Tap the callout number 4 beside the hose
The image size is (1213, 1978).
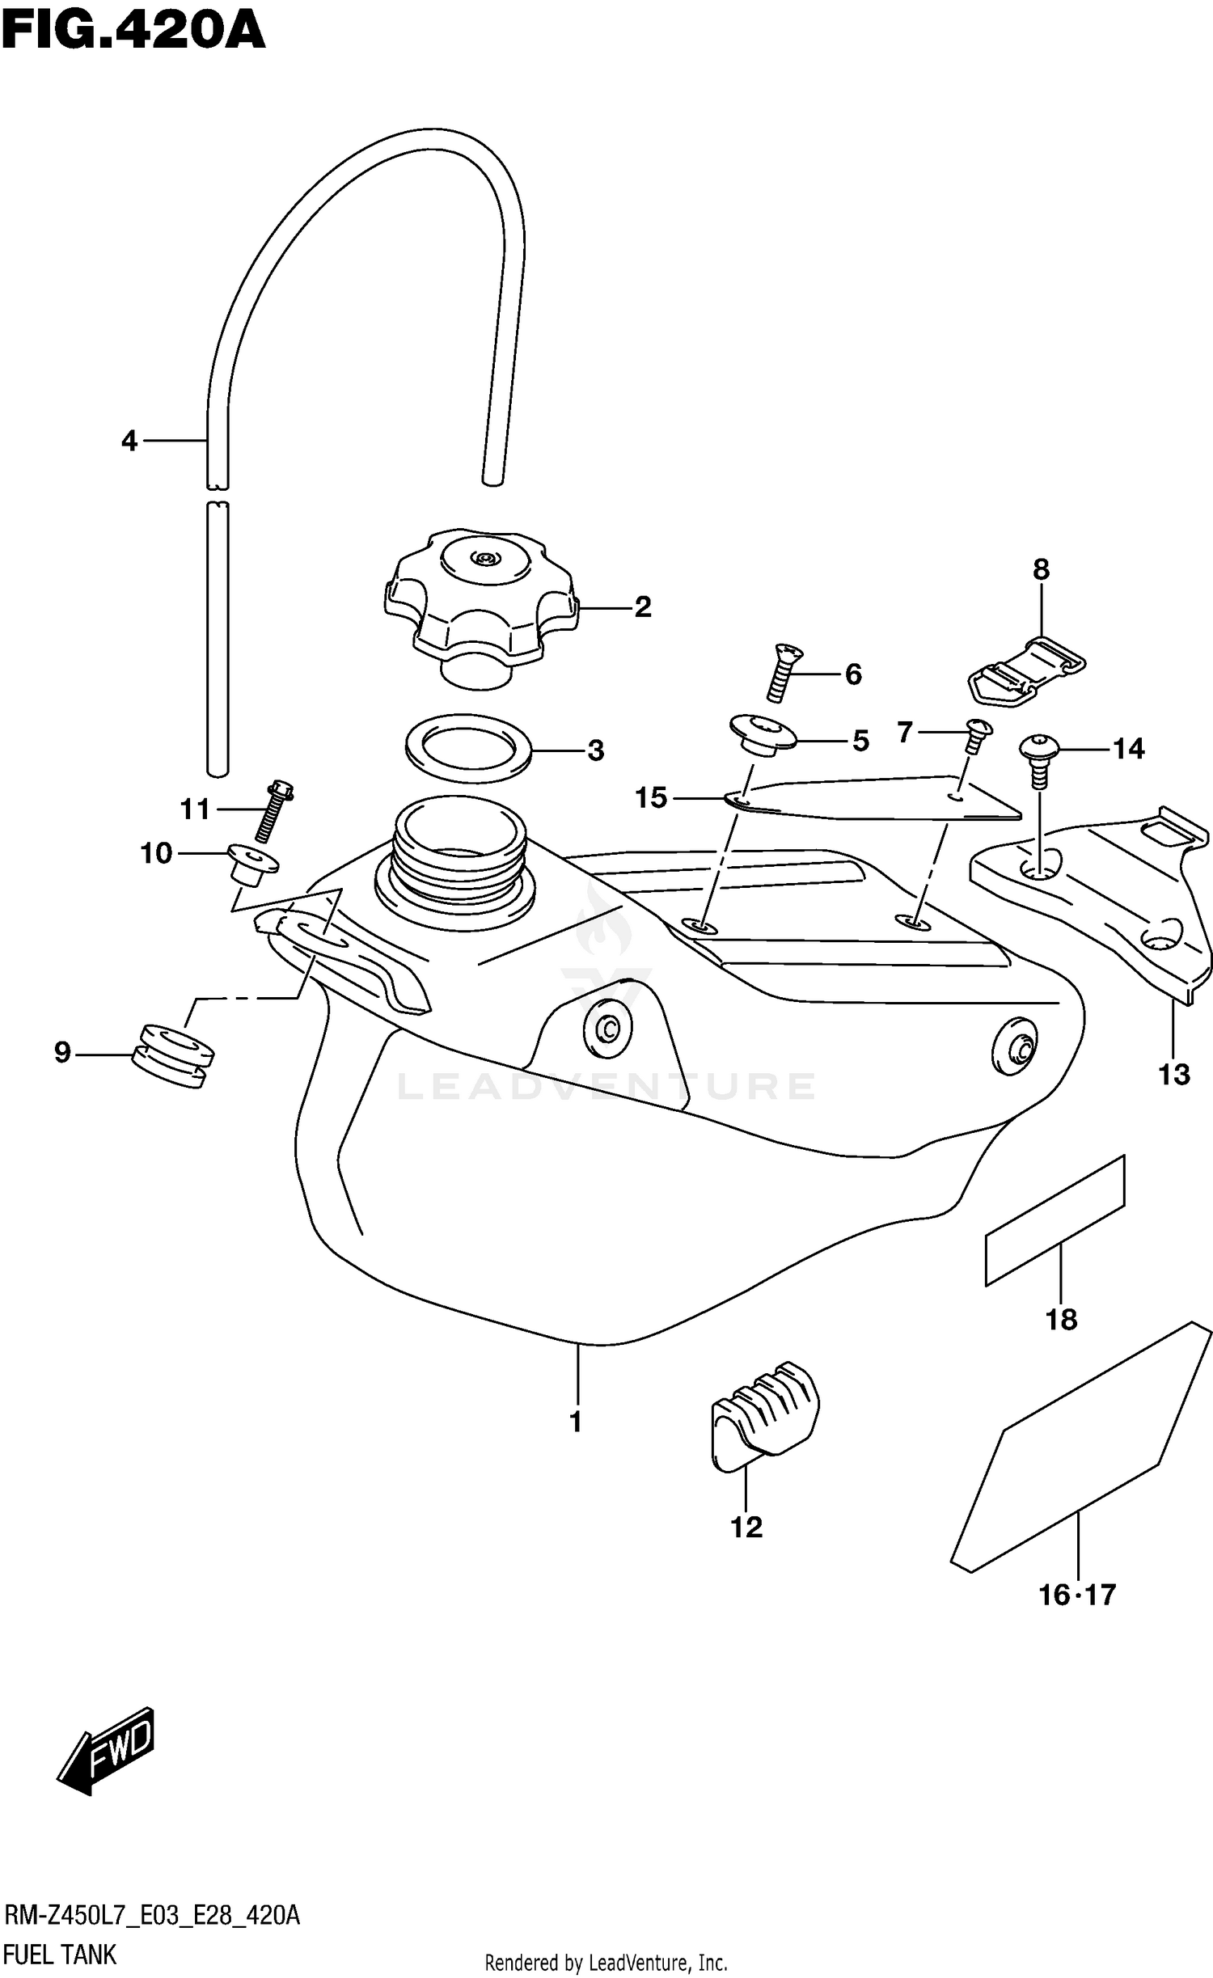[129, 442]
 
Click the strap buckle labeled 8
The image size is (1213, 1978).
[1025, 672]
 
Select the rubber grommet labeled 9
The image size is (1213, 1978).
[173, 1057]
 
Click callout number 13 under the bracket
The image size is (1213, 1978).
[1173, 1075]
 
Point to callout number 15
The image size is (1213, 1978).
[651, 798]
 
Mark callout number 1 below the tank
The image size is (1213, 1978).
[576, 1421]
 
